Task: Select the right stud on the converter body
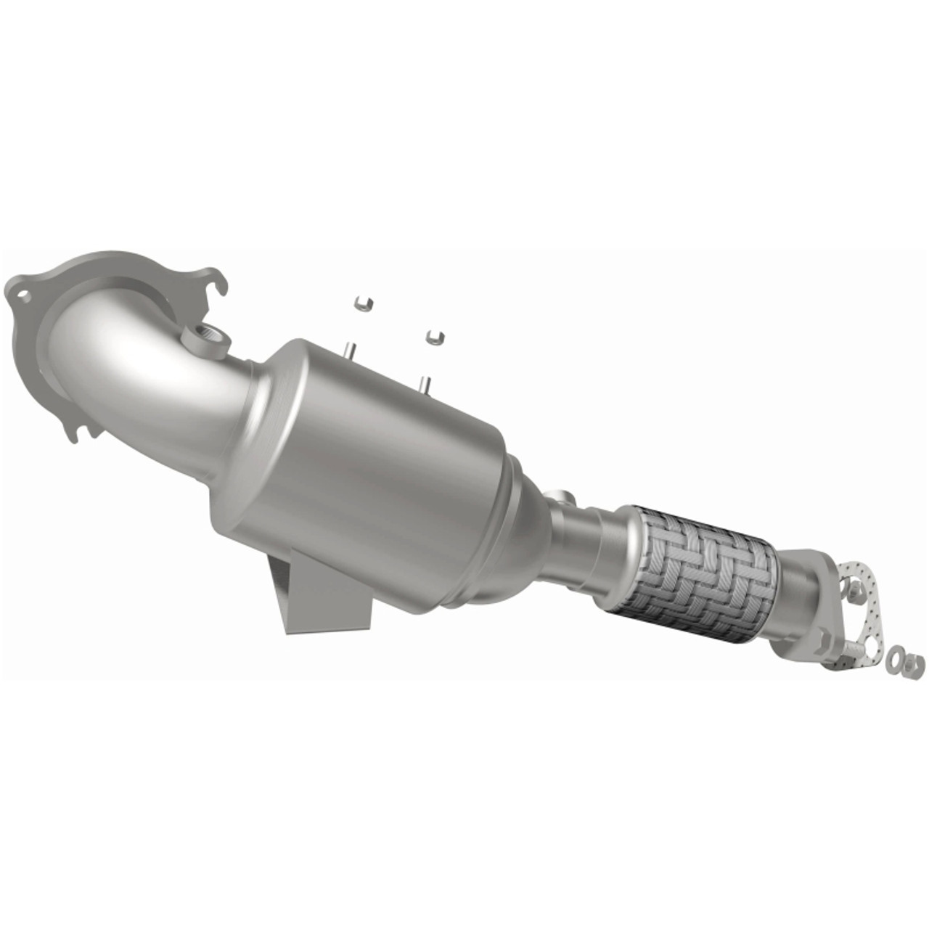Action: click(424, 382)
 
